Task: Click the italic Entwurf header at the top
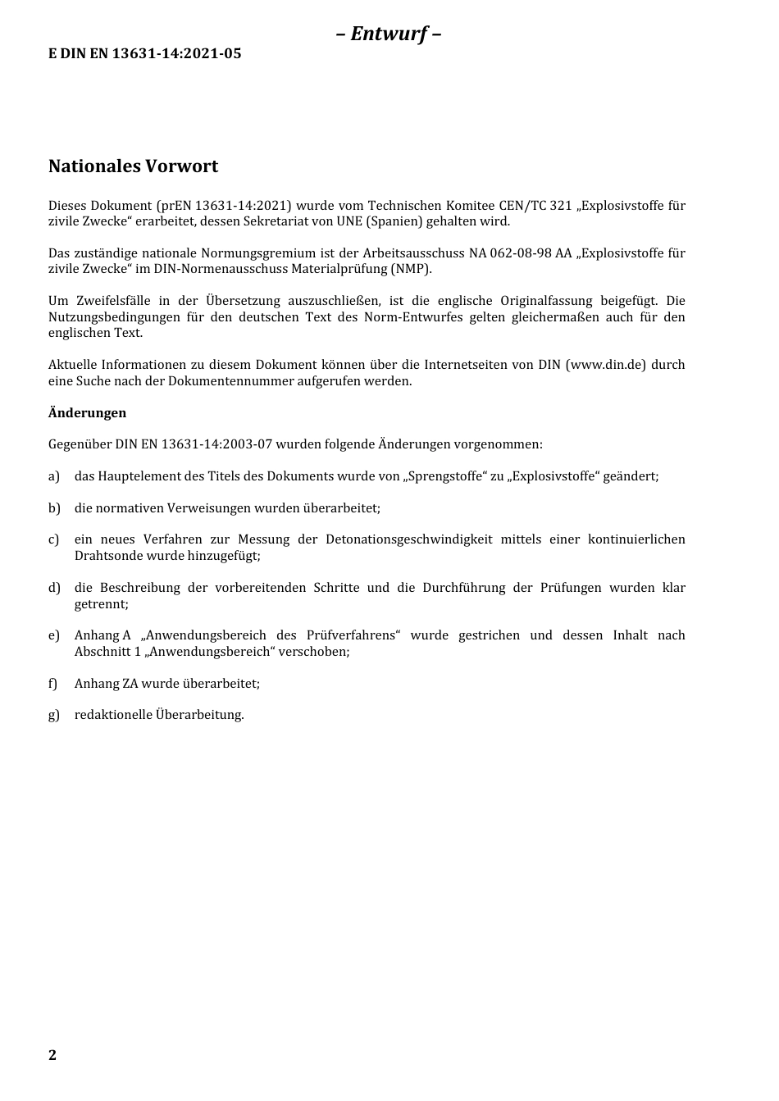point(389,34)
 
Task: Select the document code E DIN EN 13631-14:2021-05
point(145,54)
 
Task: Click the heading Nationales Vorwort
point(133,166)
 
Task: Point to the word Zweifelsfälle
point(112,301)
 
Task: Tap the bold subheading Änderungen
point(87,413)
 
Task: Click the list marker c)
point(54,539)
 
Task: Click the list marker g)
point(54,715)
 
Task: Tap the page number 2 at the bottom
point(52,1055)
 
